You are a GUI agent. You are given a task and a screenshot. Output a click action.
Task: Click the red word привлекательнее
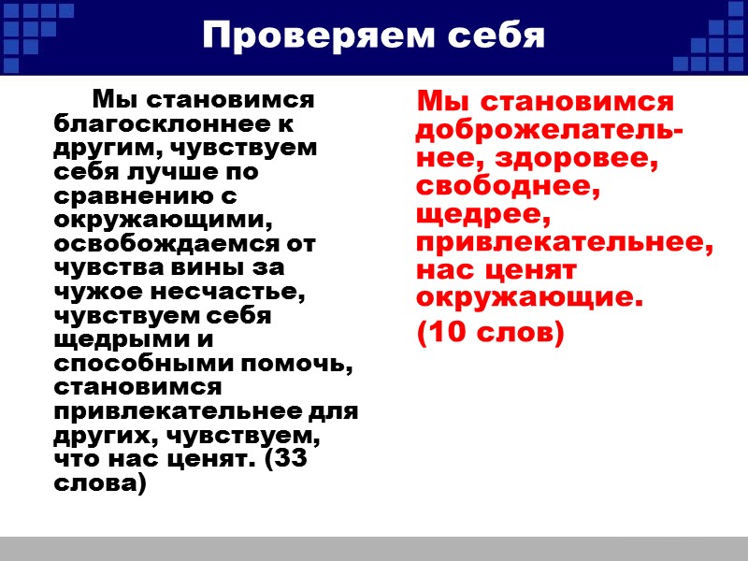[x=563, y=243]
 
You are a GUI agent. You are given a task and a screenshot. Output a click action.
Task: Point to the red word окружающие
[x=529, y=299]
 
